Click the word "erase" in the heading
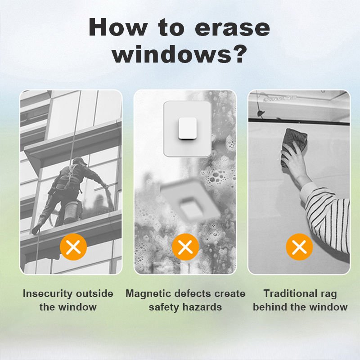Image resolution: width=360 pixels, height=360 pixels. pos(232,29)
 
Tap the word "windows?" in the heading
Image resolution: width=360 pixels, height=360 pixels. pos(180,54)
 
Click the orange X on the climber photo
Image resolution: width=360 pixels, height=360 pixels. pos(73,247)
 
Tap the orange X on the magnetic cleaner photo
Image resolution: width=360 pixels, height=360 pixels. pos(185,247)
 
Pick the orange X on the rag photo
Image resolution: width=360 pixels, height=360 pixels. pos(299,247)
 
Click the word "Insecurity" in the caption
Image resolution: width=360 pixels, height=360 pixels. pos(48,294)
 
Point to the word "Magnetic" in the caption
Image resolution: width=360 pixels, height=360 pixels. pos(148,294)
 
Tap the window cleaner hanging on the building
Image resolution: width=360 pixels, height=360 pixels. pos(69,195)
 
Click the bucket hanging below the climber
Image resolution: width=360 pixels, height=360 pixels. pos(73,211)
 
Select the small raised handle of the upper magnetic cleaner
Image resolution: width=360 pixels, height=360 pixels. pos(187,129)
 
